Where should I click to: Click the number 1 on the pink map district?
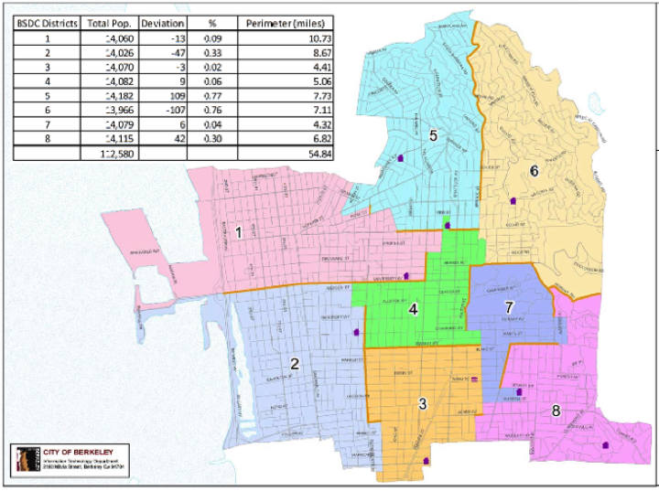pos(238,232)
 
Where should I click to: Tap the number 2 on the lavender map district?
pos(294,364)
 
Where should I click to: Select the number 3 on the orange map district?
pos(422,403)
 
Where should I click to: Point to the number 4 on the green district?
pos(414,309)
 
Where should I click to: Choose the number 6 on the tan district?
pos(534,170)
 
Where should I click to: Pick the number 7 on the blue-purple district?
pos(509,307)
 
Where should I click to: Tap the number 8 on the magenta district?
pos(556,411)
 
